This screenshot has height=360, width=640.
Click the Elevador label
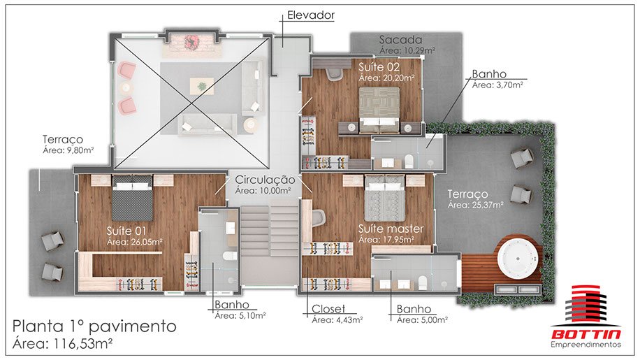[311, 15]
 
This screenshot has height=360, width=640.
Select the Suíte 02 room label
[379, 67]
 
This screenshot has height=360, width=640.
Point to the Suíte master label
[391, 229]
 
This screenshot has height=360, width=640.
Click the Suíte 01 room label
[126, 231]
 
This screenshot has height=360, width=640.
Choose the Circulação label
[265, 180]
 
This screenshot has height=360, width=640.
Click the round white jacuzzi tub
[518, 259]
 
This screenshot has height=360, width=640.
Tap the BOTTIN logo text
[586, 335]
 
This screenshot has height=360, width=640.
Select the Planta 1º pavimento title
[94, 326]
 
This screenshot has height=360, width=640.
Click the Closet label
[328, 309]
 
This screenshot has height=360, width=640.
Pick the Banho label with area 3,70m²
[489, 74]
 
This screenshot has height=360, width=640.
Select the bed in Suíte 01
[132, 198]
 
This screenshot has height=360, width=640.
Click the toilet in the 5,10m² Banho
[230, 257]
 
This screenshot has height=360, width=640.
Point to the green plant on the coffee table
[202, 86]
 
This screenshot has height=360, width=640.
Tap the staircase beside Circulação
[270, 231]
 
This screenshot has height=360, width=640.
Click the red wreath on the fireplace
[190, 42]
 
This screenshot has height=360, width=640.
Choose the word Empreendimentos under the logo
[586, 345]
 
